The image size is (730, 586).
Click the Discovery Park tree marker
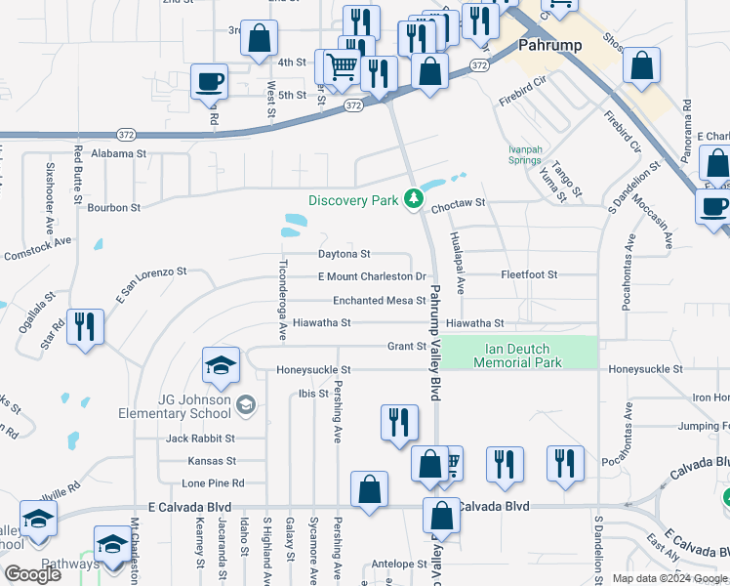[x=415, y=199]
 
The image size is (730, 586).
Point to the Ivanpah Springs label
[x=524, y=154]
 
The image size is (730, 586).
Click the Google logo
[x=33, y=574]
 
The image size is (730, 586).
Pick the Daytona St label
[x=345, y=254]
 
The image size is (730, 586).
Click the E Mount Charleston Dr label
[x=372, y=276]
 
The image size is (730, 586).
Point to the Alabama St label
[x=118, y=154]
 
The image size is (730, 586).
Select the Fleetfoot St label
[x=529, y=275]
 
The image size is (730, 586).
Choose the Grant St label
[x=407, y=346]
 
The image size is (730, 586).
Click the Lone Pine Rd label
[x=213, y=483]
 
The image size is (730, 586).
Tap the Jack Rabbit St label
[x=200, y=439]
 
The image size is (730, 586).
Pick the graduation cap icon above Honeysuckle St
[x=221, y=365]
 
